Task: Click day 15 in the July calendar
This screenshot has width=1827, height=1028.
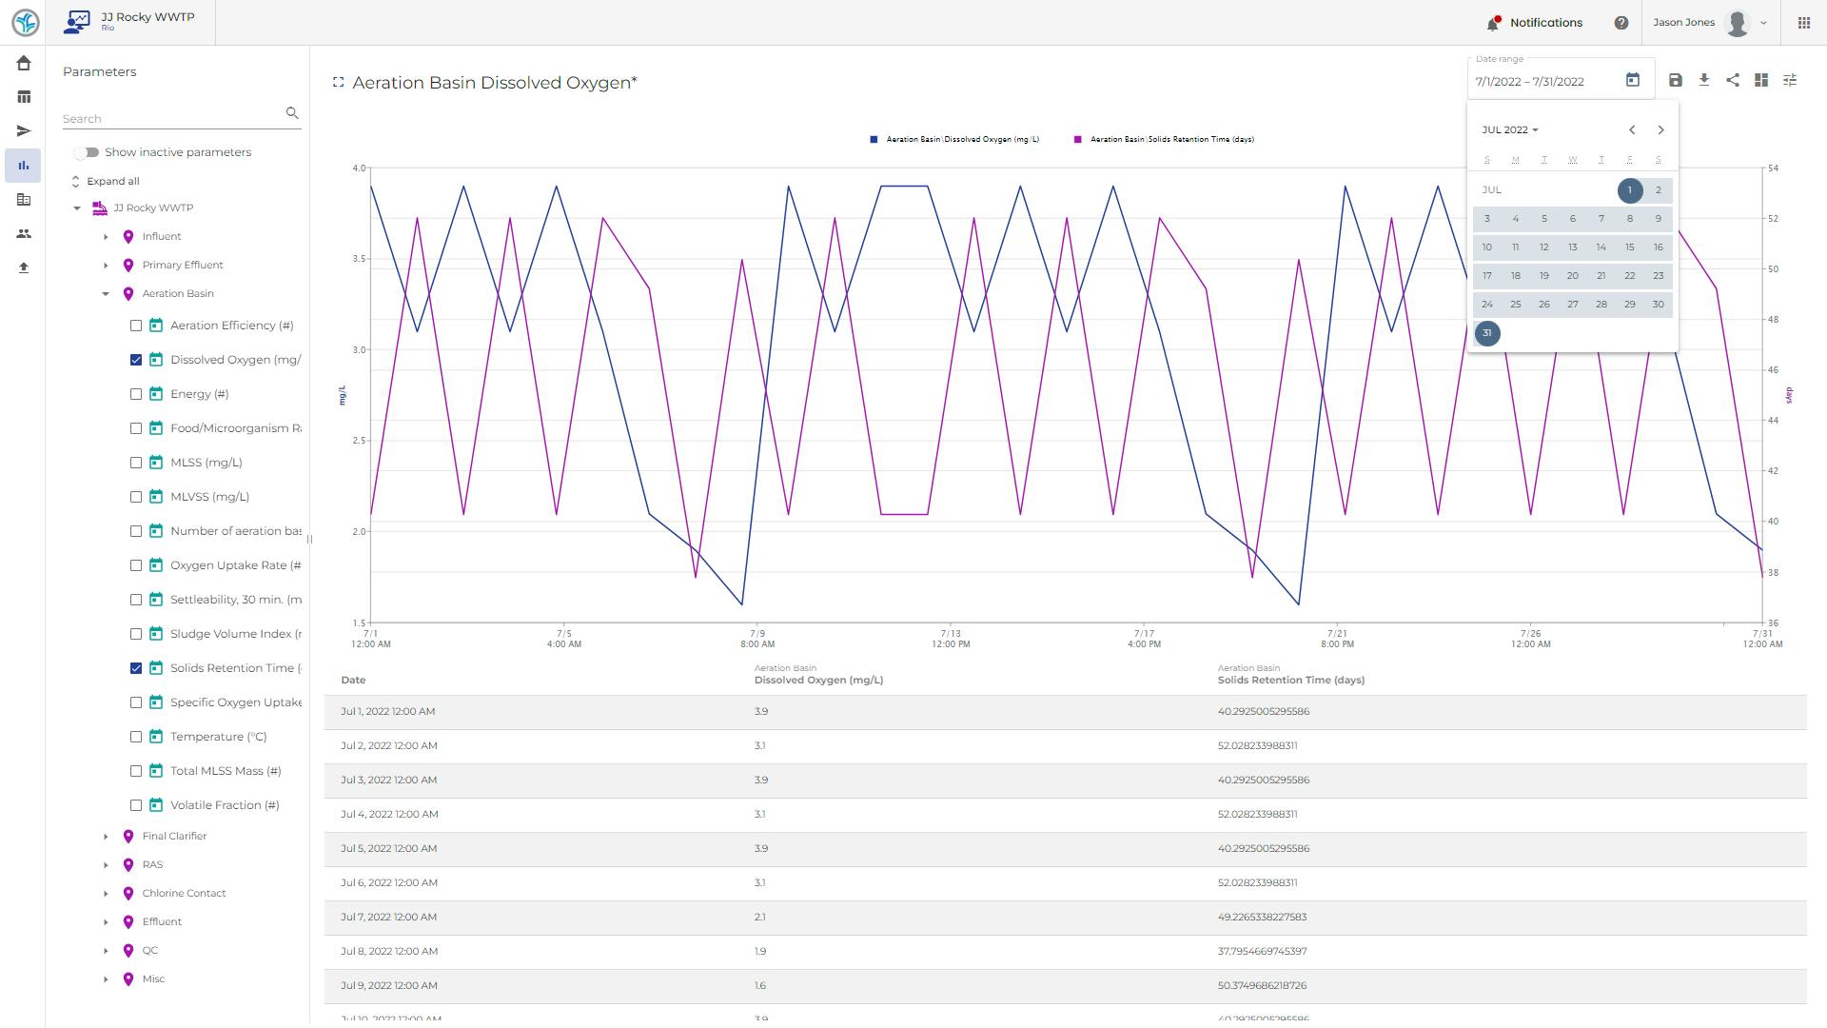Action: [x=1629, y=247]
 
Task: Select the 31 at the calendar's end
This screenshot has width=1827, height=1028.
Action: [x=1486, y=333]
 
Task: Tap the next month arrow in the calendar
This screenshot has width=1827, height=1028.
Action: [x=1660, y=130]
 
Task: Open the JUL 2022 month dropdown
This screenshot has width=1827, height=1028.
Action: [x=1509, y=130]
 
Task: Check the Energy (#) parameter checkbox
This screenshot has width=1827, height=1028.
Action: [x=136, y=394]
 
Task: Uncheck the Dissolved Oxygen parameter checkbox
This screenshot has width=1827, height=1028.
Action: [x=136, y=360]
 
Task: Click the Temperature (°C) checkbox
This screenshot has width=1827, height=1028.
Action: [x=136, y=737]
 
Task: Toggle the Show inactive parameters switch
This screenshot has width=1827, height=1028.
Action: [x=87, y=152]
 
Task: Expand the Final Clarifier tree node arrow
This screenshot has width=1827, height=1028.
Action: [x=106, y=837]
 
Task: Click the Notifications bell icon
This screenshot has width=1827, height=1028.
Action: [x=1492, y=23]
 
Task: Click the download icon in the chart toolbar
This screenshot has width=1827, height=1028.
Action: [x=1703, y=81]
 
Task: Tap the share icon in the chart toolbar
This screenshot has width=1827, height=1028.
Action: [x=1732, y=81]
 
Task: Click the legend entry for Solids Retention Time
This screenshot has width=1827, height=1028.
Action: [x=1170, y=140]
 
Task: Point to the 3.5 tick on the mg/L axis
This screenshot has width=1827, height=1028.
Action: [x=359, y=259]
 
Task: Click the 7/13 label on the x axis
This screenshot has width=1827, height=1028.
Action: [x=950, y=634]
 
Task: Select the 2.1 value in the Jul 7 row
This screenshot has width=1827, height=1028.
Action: [x=759, y=918]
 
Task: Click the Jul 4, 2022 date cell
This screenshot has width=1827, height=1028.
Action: [x=389, y=815]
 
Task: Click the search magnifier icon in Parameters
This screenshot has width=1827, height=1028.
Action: [x=292, y=113]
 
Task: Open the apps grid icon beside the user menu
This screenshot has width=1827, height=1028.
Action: [x=1803, y=23]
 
